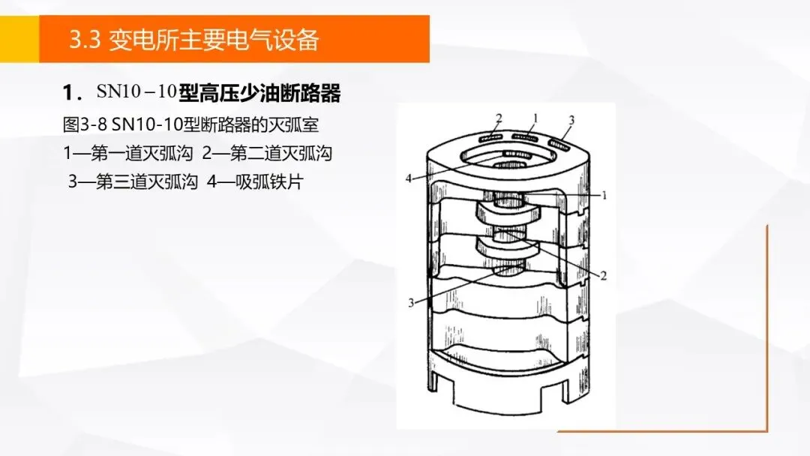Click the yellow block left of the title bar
(19, 39)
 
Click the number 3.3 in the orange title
(85, 40)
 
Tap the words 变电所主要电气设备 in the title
(214, 40)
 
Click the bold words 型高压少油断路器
(259, 93)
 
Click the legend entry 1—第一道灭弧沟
(127, 154)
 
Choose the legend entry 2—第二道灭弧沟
(266, 154)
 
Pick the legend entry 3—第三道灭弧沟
(133, 181)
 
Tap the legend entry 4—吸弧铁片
(255, 181)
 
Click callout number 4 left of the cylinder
(409, 178)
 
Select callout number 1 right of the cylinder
(604, 195)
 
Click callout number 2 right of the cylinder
(603, 276)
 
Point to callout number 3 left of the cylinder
(411, 302)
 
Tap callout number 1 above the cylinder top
(535, 118)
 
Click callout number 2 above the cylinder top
(499, 118)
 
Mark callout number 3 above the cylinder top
(571, 120)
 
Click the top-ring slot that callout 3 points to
(559, 145)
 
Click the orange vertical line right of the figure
(767, 328)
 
